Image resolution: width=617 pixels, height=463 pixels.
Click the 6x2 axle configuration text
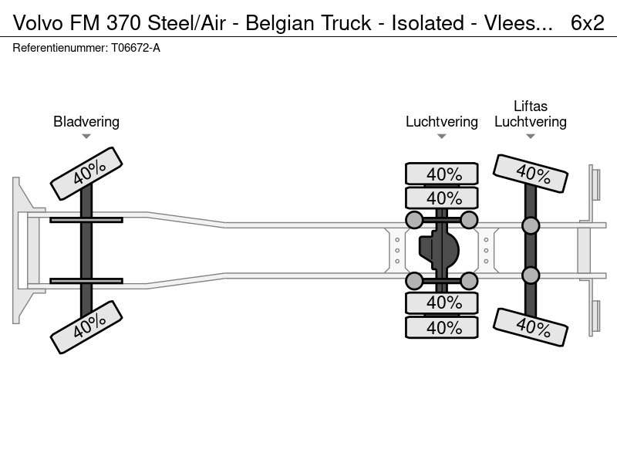tap(587, 23)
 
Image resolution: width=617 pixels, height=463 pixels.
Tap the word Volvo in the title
tap(38, 23)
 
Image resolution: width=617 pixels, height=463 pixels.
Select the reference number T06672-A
tap(136, 48)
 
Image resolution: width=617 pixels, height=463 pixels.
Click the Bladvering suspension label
tap(86, 122)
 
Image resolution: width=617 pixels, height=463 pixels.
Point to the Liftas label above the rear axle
tap(531, 106)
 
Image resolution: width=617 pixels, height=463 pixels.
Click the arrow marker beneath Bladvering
tap(86, 137)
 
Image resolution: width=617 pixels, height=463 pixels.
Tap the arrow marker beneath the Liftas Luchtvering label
tap(531, 137)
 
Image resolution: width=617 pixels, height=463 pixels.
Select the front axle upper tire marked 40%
tap(86, 174)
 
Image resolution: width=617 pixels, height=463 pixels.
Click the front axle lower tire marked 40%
tap(86, 327)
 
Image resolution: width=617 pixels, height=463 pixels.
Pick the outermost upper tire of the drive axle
tap(442, 174)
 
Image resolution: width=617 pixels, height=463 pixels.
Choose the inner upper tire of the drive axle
tap(442, 198)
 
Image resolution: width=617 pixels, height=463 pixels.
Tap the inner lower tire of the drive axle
tap(442, 302)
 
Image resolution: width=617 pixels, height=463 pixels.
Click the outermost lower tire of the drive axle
tap(442, 327)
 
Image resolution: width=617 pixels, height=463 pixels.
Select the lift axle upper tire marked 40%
tap(531, 174)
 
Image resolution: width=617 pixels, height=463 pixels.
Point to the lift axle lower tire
tap(531, 327)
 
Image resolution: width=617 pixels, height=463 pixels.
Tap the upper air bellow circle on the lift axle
tap(531, 225)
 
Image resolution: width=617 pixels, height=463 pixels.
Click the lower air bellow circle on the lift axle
tap(531, 275)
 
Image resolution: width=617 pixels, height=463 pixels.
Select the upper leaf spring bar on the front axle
tap(86, 220)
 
